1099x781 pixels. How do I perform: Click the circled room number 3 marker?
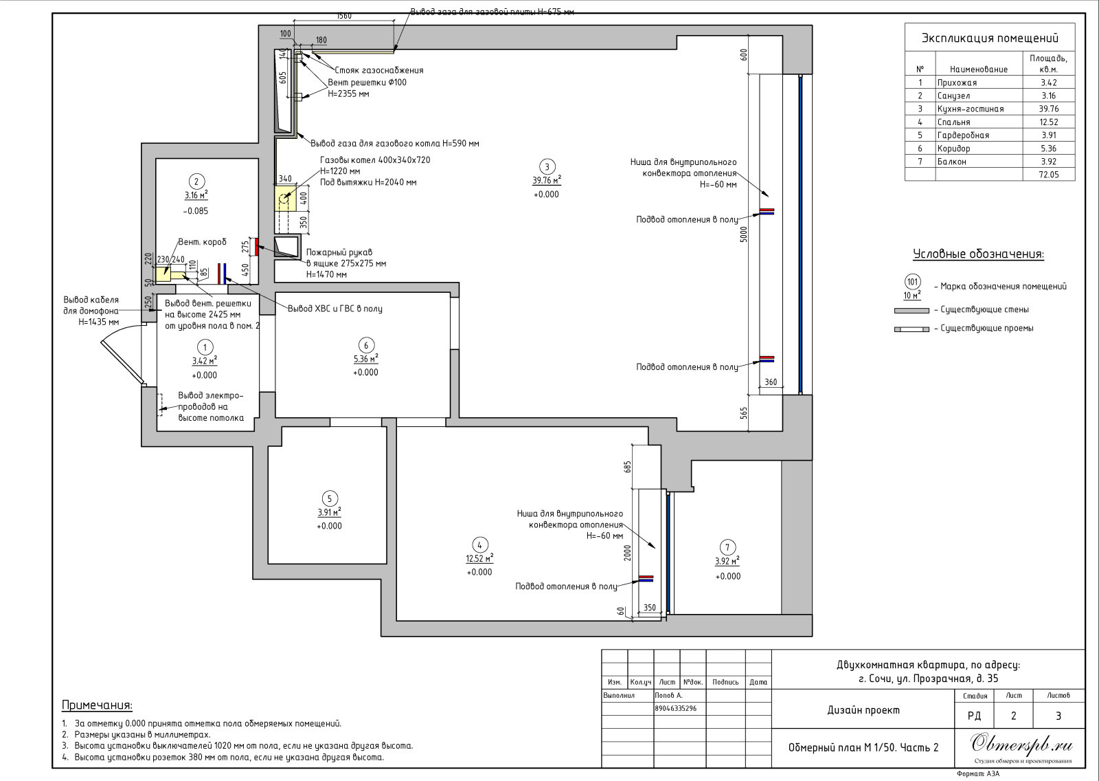point(547,166)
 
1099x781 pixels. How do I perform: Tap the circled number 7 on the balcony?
point(727,547)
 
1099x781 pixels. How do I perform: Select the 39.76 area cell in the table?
point(1048,109)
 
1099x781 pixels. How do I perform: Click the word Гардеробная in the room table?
point(963,135)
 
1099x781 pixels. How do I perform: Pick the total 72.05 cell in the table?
point(1048,175)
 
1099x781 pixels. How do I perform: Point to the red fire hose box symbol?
point(256,247)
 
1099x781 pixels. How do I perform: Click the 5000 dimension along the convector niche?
point(745,234)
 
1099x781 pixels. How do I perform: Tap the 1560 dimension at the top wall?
point(344,16)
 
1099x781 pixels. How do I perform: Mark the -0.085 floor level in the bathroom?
point(196,211)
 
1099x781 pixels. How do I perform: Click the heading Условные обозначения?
point(978,254)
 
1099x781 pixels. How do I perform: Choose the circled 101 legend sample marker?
point(913,282)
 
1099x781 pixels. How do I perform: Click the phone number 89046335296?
point(676,708)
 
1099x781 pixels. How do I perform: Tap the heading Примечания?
point(97,705)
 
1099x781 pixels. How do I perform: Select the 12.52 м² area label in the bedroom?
point(479,558)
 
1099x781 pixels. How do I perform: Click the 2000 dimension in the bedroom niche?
point(628,552)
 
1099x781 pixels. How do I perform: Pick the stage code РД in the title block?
point(975,716)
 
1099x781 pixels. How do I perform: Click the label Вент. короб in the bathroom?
point(202,242)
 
